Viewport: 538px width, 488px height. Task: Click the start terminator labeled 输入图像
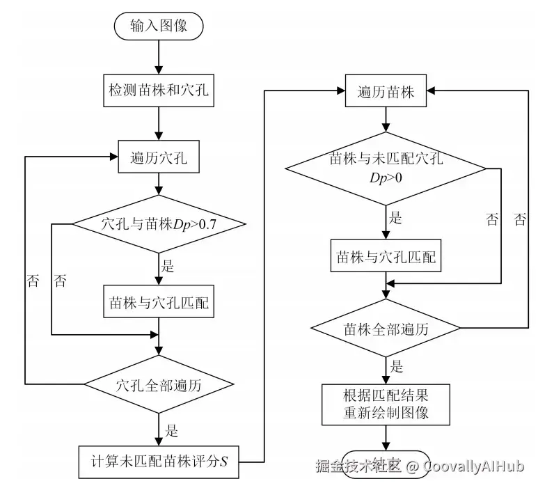158,26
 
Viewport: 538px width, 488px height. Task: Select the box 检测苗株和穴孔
159,90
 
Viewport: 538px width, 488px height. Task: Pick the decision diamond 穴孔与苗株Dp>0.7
159,224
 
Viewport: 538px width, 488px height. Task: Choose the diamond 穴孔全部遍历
159,384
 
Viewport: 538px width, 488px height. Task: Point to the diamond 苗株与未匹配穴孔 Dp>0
386,168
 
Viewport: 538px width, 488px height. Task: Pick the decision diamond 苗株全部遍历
386,328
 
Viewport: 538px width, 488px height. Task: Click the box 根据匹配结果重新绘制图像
386,404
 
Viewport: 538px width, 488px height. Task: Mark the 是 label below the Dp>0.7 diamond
168,266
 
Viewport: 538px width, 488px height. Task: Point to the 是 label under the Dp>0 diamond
395,217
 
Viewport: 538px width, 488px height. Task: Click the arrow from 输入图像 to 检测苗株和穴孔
159,56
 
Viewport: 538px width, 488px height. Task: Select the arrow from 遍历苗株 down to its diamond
386,120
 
